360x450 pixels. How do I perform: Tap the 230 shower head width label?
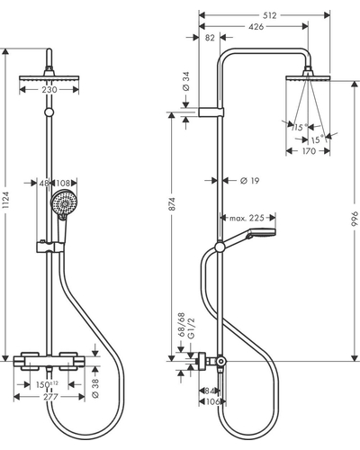click(49, 89)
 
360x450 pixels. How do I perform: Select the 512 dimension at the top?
click(269, 15)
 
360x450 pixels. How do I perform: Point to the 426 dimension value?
click(256, 27)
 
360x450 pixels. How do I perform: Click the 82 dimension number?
click(210, 38)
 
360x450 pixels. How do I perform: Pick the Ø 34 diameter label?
click(186, 81)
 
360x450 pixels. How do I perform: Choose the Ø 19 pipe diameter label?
click(249, 181)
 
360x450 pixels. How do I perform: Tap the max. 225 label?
click(247, 218)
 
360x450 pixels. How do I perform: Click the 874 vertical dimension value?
click(172, 204)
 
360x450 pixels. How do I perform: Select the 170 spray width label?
click(309, 151)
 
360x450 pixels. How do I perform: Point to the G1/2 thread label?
click(191, 328)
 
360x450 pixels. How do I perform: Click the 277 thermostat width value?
click(50, 397)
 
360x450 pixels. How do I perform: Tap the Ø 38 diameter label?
click(95, 389)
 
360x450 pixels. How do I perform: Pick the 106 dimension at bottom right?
click(213, 401)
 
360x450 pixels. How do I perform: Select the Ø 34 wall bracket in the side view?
click(211, 112)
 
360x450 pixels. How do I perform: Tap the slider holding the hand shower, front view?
click(50, 247)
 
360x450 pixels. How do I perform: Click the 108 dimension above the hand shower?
click(63, 183)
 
